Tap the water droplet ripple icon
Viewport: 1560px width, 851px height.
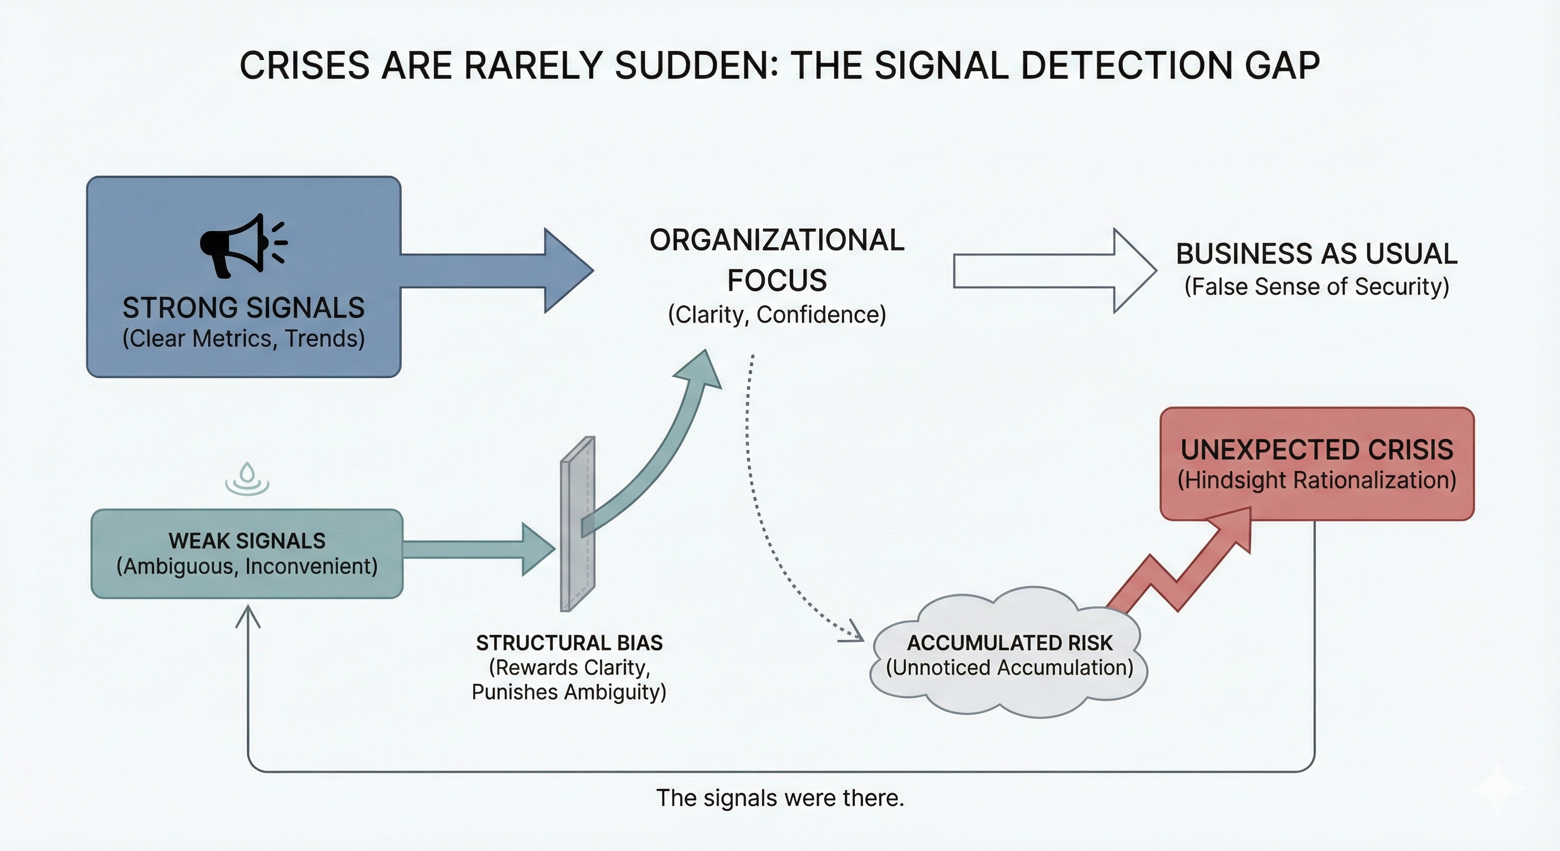[x=247, y=479]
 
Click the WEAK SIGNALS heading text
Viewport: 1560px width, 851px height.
[x=247, y=540]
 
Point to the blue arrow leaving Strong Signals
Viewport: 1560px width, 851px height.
[x=496, y=270]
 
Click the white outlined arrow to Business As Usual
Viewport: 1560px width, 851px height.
[x=1054, y=271]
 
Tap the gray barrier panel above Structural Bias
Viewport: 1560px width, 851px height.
[x=577, y=525]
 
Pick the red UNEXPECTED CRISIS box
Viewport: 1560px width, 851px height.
[x=1317, y=464]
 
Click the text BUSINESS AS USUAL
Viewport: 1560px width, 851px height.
[x=1317, y=254]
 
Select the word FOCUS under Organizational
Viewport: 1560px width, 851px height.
[x=777, y=280]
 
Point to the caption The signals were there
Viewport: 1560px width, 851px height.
[x=780, y=798]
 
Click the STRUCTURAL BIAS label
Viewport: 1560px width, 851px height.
[x=569, y=643]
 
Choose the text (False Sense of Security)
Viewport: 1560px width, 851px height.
[x=1317, y=286]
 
